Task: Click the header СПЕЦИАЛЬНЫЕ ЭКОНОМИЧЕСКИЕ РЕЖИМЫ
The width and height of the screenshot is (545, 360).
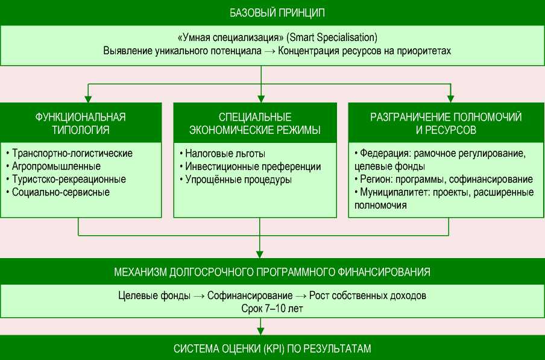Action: pyautogui.click(x=254, y=122)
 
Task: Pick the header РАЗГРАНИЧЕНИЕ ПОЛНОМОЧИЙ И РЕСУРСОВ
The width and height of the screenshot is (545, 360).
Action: pyautogui.click(x=446, y=122)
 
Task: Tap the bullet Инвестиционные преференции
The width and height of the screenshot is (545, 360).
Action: pyautogui.click(x=250, y=166)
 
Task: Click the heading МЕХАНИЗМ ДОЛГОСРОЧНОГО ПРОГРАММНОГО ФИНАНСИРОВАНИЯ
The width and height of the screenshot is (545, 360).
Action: pyautogui.click(x=272, y=271)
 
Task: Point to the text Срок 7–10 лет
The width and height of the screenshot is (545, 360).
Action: pyautogui.click(x=272, y=308)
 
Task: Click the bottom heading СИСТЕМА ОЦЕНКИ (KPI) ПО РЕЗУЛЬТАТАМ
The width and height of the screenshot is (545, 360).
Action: pyautogui.click(x=272, y=348)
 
